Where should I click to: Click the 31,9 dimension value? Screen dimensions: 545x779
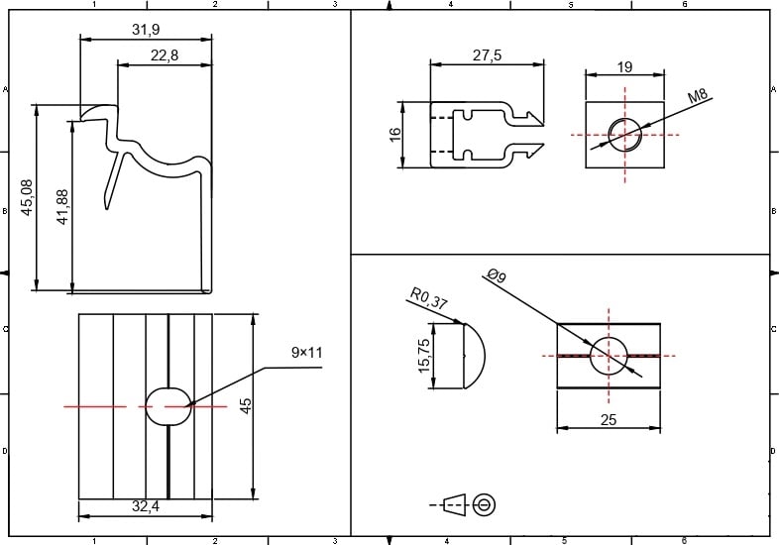[145, 30]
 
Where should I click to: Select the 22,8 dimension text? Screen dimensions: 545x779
[165, 55]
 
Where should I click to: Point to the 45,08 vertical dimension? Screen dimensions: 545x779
[26, 197]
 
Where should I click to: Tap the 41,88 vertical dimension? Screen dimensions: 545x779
[63, 207]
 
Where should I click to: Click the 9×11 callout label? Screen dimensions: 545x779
[307, 353]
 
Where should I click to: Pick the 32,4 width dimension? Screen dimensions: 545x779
[145, 506]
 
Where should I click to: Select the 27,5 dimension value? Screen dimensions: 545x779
[487, 55]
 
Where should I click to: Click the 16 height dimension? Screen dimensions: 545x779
[394, 133]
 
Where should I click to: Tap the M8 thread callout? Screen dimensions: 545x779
[700, 96]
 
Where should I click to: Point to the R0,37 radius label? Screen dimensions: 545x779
[427, 298]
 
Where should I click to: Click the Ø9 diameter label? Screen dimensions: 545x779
[496, 277]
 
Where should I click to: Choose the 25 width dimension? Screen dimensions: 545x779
[609, 419]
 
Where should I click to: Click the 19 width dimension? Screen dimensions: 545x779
[624, 66]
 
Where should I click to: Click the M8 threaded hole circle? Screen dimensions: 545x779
[624, 134]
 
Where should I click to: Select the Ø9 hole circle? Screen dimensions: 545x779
[609, 355]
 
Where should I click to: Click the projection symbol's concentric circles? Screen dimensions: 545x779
[485, 504]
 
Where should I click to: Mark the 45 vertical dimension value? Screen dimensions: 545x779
[247, 405]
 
